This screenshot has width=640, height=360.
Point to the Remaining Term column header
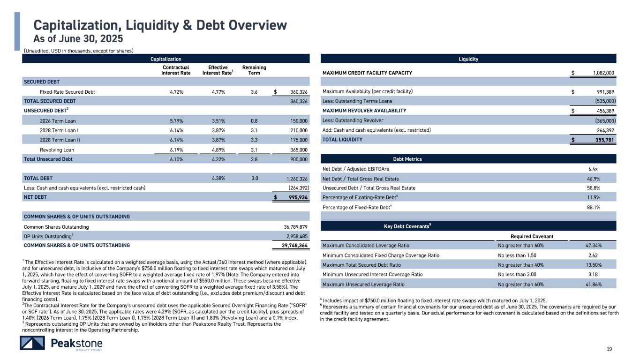pyautogui.click(x=254, y=70)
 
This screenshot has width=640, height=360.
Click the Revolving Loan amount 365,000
pyautogui.click(x=297, y=150)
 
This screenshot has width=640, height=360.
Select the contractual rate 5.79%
pyautogui.click(x=176, y=120)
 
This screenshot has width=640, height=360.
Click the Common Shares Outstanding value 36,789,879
pyautogui.click(x=293, y=226)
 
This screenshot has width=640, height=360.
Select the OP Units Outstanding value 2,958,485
pyautogui.click(x=294, y=236)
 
